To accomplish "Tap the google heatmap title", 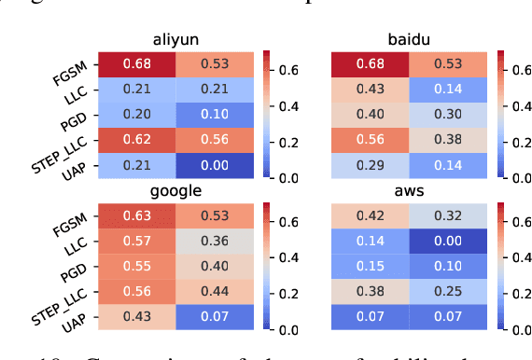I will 175,192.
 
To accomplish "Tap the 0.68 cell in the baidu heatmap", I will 371,63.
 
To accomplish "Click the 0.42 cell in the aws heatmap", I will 371,215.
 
